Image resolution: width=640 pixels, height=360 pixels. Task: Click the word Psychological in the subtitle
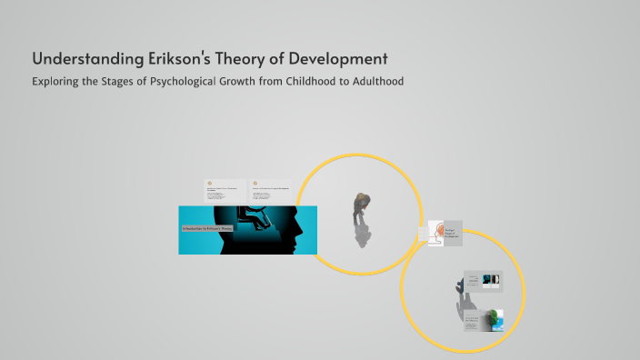click(185, 82)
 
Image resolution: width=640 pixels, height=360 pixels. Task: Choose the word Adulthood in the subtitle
click(376, 82)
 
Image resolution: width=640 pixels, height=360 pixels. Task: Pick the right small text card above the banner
click(273, 190)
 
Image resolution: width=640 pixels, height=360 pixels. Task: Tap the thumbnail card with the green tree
click(485, 321)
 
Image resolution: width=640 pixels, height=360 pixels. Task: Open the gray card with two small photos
click(482, 281)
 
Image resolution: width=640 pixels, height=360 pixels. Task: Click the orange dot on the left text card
click(209, 182)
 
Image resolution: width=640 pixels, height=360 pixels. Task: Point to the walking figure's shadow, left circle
click(362, 235)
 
